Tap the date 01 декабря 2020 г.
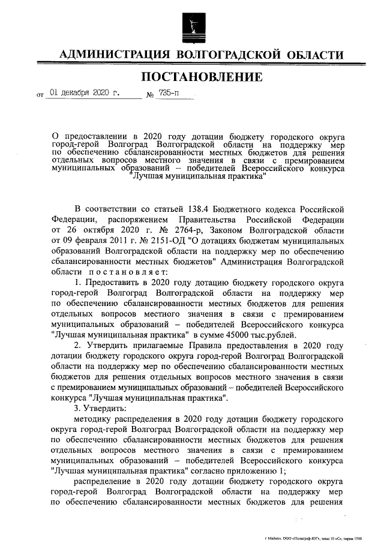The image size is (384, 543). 85,94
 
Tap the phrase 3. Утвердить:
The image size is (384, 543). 96,409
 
